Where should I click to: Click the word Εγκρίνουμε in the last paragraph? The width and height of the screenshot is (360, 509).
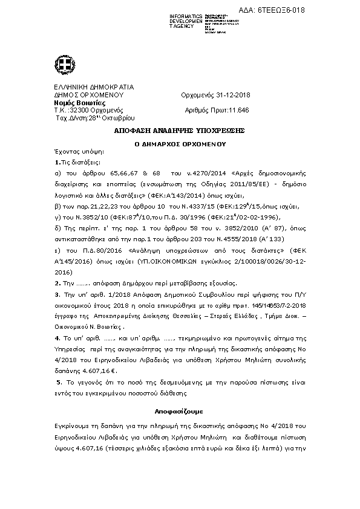[72, 427]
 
